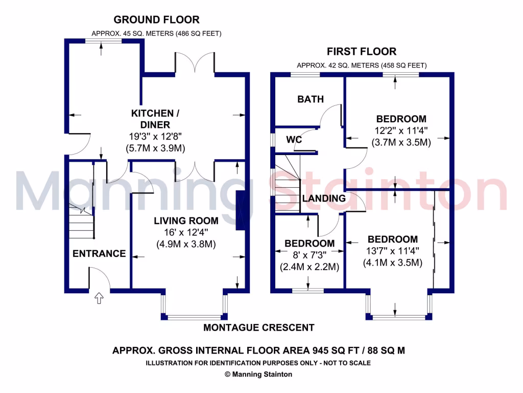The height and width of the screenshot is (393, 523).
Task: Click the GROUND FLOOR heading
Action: pyautogui.click(x=156, y=20)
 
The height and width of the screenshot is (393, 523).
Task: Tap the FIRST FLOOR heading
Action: pyautogui.click(x=362, y=51)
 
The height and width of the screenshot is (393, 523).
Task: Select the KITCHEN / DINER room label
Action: pyautogui.click(x=156, y=119)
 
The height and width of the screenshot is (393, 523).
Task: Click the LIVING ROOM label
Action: pyautogui.click(x=186, y=221)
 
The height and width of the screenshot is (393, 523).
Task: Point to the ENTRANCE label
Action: pyautogui.click(x=99, y=253)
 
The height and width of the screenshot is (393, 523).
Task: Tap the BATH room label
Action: pyautogui.click(x=311, y=99)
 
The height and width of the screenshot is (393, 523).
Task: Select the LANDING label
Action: pyautogui.click(x=324, y=198)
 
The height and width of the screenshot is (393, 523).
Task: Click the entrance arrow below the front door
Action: pyautogui.click(x=100, y=298)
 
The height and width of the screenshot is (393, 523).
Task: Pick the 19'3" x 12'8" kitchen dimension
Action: pyautogui.click(x=155, y=137)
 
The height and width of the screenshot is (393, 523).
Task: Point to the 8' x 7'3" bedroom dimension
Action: pyautogui.click(x=310, y=255)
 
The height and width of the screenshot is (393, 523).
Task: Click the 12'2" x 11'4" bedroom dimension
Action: pyautogui.click(x=401, y=130)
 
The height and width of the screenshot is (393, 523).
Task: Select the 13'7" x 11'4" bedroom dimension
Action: pyautogui.click(x=392, y=251)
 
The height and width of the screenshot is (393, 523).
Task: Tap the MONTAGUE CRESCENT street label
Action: pyautogui.click(x=259, y=327)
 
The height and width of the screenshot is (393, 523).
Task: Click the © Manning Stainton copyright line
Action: pyautogui.click(x=258, y=374)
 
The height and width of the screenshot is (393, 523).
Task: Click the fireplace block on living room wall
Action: pyautogui.click(x=240, y=211)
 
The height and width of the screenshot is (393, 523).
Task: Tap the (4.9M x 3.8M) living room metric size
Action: pyautogui.click(x=186, y=244)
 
